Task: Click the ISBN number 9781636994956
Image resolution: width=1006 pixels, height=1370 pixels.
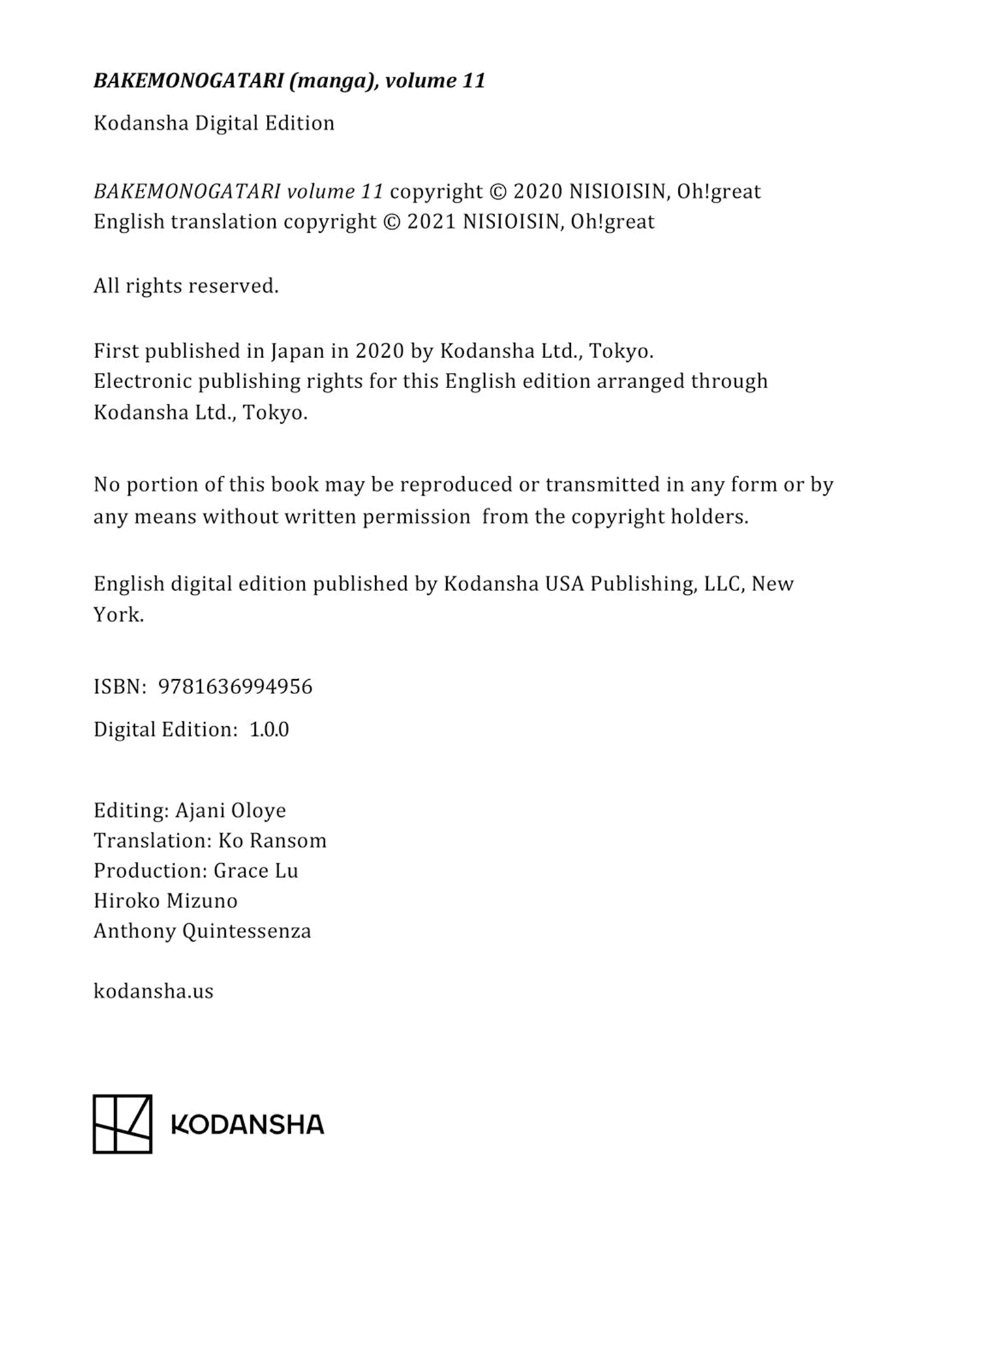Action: [236, 687]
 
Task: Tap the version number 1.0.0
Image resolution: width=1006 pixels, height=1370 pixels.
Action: [269, 729]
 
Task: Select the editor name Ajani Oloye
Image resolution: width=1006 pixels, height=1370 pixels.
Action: [230, 810]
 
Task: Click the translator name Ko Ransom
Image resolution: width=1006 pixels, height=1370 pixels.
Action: [272, 840]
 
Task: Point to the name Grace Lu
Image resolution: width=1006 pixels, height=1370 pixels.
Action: [256, 870]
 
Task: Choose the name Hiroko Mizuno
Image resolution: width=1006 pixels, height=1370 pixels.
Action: [166, 900]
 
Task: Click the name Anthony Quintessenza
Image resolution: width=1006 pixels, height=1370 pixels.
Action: [202, 930]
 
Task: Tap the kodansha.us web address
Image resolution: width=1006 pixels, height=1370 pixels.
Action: [153, 991]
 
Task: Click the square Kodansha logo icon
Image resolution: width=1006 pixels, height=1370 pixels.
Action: [123, 1123]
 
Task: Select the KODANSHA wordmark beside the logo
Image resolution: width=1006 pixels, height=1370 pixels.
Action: [247, 1124]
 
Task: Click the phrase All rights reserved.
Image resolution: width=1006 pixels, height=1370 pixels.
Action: [186, 286]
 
